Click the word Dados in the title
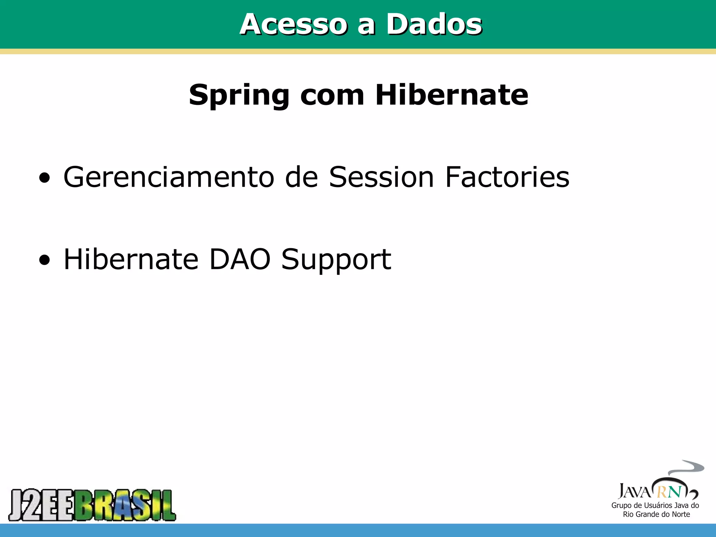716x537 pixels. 434,24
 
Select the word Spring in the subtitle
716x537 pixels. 239,95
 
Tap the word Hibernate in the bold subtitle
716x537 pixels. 451,95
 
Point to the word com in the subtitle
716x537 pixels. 332,95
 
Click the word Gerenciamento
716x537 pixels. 169,177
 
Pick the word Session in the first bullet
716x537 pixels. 381,177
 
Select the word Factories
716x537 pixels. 507,177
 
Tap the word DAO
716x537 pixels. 240,259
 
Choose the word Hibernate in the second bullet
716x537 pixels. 131,259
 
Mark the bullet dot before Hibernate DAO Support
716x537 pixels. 44,260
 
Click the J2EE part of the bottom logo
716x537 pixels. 41,505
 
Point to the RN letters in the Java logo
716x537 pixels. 669,492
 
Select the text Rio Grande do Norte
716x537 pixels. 656,514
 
